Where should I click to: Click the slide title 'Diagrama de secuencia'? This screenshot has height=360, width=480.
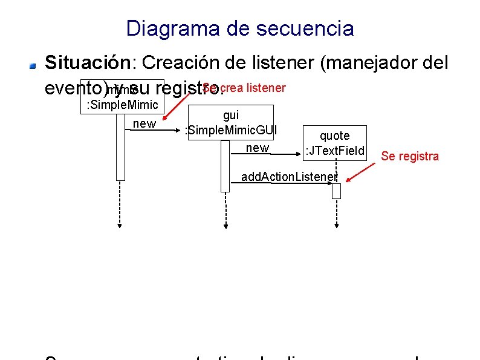click(x=240, y=28)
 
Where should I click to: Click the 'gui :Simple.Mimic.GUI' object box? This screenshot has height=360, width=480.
click(x=230, y=123)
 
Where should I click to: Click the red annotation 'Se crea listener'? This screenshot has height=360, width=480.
click(x=244, y=88)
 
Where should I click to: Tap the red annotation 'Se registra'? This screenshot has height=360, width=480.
click(x=410, y=156)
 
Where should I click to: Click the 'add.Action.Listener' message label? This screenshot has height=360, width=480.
click(x=289, y=177)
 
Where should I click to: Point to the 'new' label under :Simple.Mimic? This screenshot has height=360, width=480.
click(x=143, y=124)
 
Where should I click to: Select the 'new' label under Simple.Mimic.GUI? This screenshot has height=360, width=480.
click(x=258, y=148)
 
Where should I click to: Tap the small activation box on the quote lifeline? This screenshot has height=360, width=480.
click(x=336, y=191)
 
